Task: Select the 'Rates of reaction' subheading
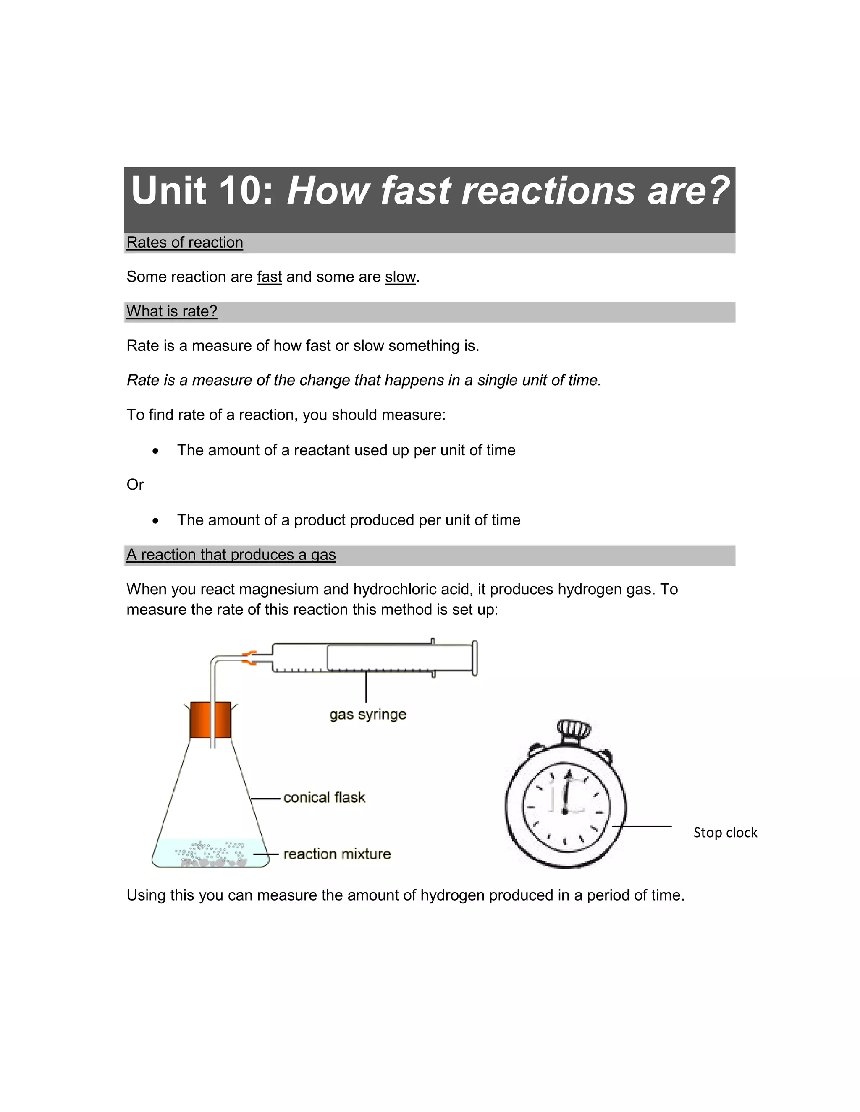(184, 243)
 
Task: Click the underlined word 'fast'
(269, 277)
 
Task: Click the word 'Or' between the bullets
(135, 485)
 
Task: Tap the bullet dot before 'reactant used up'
(155, 451)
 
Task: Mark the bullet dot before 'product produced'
(155, 521)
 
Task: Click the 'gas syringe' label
(367, 714)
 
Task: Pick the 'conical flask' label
(324, 797)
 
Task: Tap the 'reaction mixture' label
(337, 854)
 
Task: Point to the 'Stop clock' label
(725, 833)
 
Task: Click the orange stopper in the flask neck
(210, 720)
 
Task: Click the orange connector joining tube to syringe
(249, 658)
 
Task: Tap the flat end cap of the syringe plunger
(475, 658)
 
